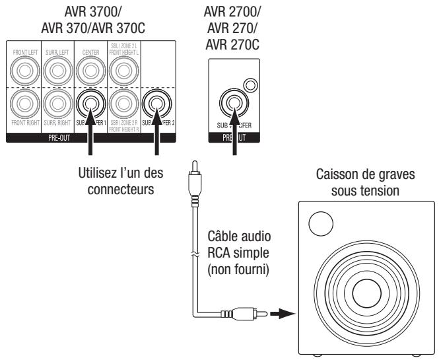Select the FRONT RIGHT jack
pos(20,103)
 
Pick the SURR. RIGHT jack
pos(57,103)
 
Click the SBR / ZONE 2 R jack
pos(124,103)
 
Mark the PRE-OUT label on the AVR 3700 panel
pos(90,139)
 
